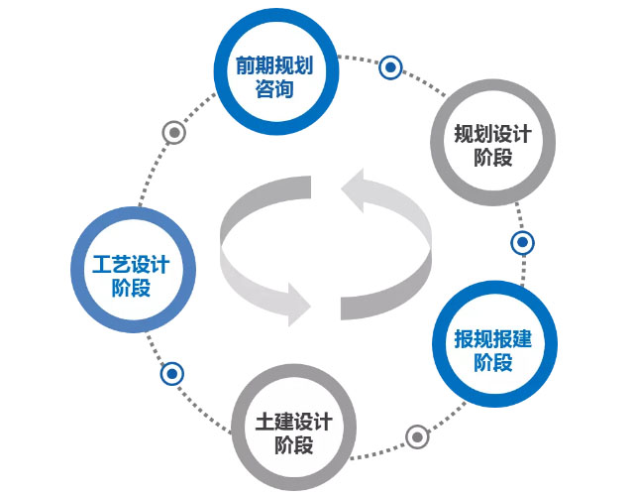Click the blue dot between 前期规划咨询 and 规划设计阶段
(x=391, y=68)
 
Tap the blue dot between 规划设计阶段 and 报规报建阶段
(x=522, y=241)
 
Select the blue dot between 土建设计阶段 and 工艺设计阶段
(x=173, y=373)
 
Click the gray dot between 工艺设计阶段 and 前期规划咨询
(x=174, y=133)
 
